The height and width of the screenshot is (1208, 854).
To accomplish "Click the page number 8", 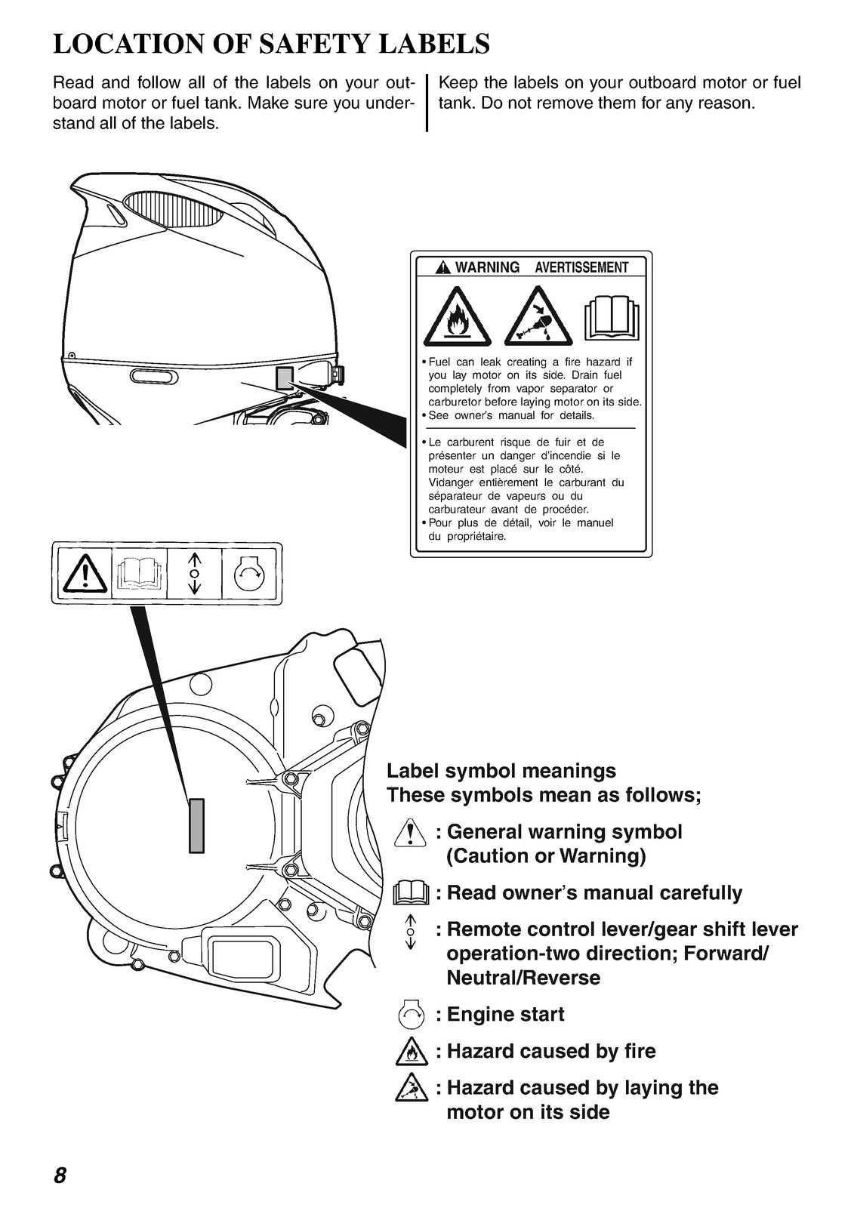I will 60,1176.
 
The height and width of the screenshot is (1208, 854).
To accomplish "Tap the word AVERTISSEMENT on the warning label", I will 581,267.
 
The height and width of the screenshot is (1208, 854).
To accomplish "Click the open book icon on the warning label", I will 613,316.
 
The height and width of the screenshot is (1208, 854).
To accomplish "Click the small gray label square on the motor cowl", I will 284,377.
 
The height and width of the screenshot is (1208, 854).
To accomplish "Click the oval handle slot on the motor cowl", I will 153,376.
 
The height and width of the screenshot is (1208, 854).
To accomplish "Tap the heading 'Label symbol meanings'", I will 501,771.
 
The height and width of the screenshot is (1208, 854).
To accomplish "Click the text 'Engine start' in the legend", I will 505,1014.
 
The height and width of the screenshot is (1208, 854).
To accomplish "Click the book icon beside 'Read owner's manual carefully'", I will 412,893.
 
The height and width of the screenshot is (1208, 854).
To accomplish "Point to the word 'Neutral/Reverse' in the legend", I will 523,978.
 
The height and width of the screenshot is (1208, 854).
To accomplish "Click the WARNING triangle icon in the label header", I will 442,267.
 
